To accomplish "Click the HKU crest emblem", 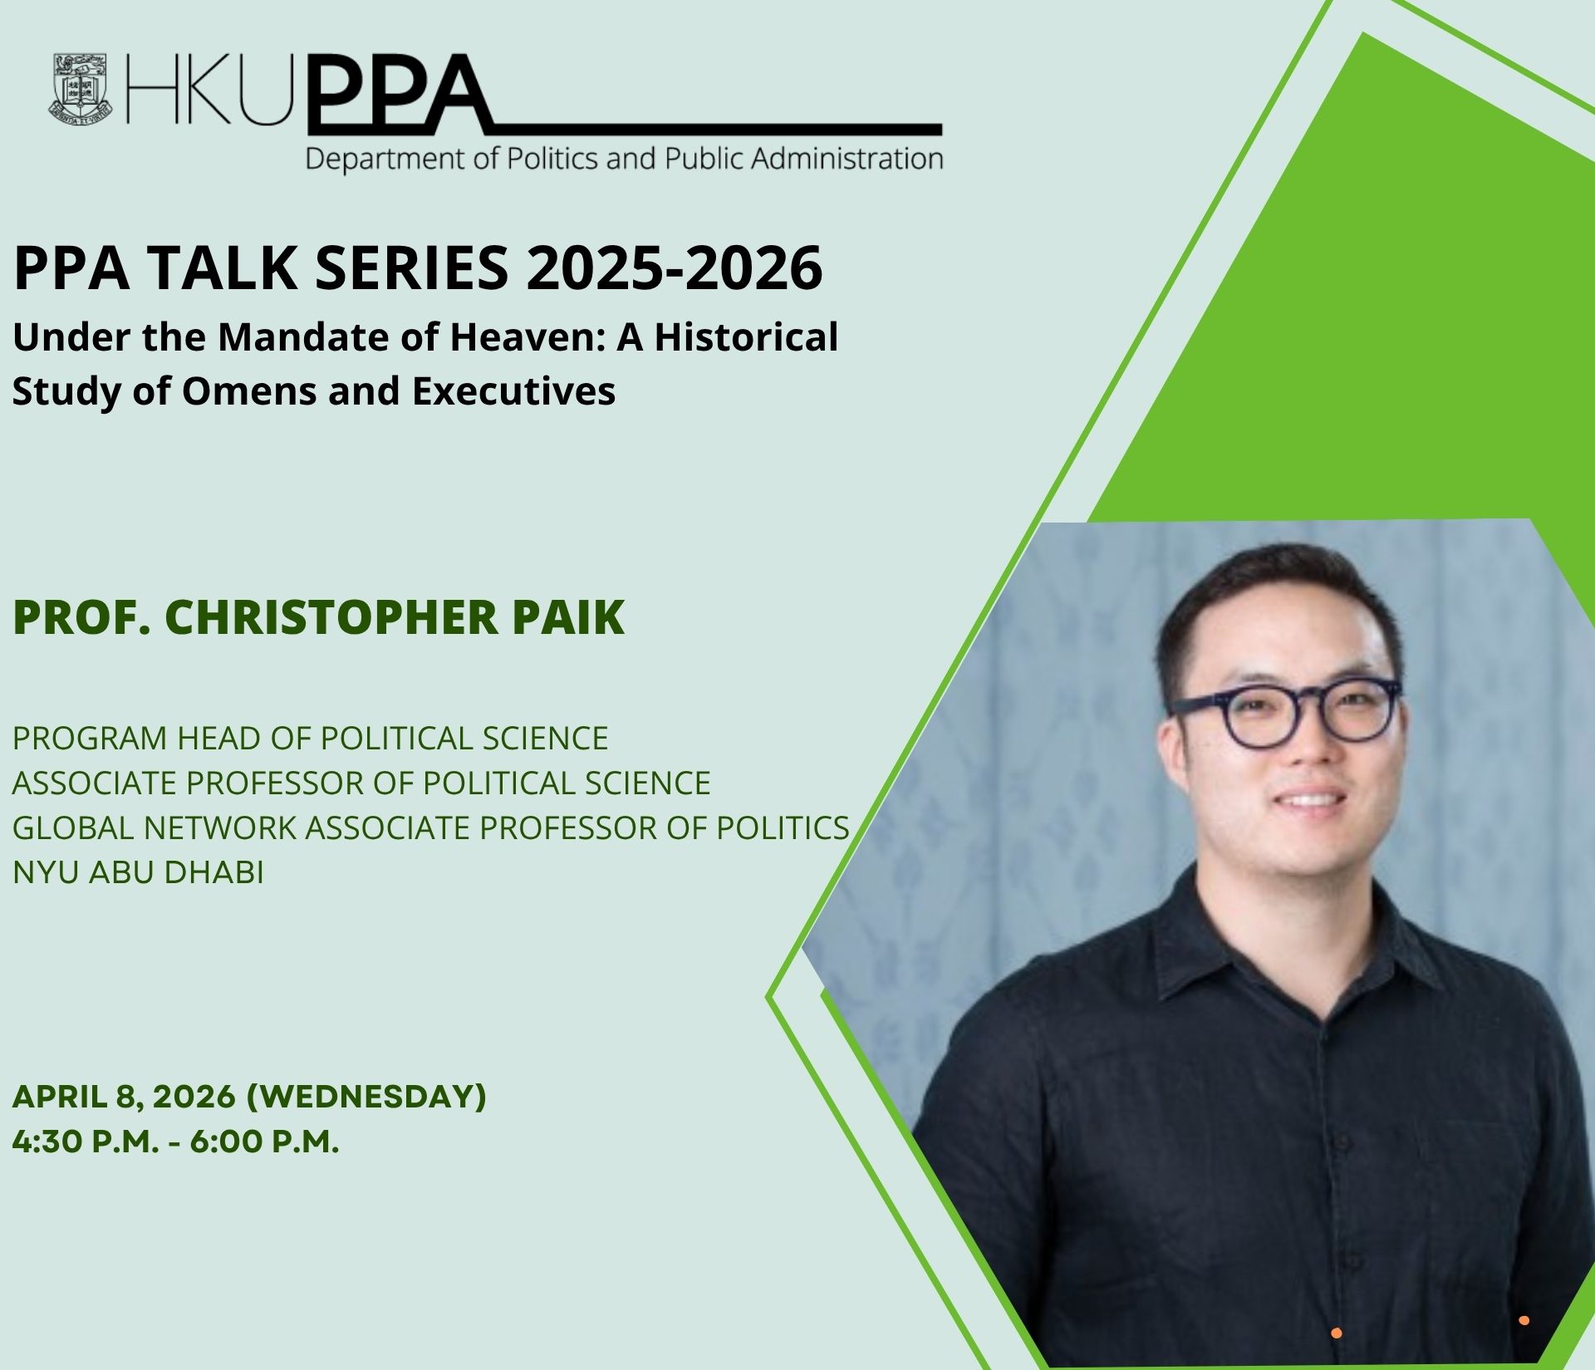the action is pos(81,89).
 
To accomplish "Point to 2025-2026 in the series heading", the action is pos(674,268).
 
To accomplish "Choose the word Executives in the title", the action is pos(514,391).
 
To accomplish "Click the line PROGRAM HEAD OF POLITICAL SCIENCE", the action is pos(310,738).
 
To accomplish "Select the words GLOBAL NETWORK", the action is pos(155,827).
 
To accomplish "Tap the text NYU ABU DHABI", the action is pos(138,872).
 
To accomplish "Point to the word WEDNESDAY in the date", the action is pos(366,1097).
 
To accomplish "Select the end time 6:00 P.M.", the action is pos(265,1142).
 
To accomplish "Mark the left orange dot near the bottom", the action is pos(1337,1333).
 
